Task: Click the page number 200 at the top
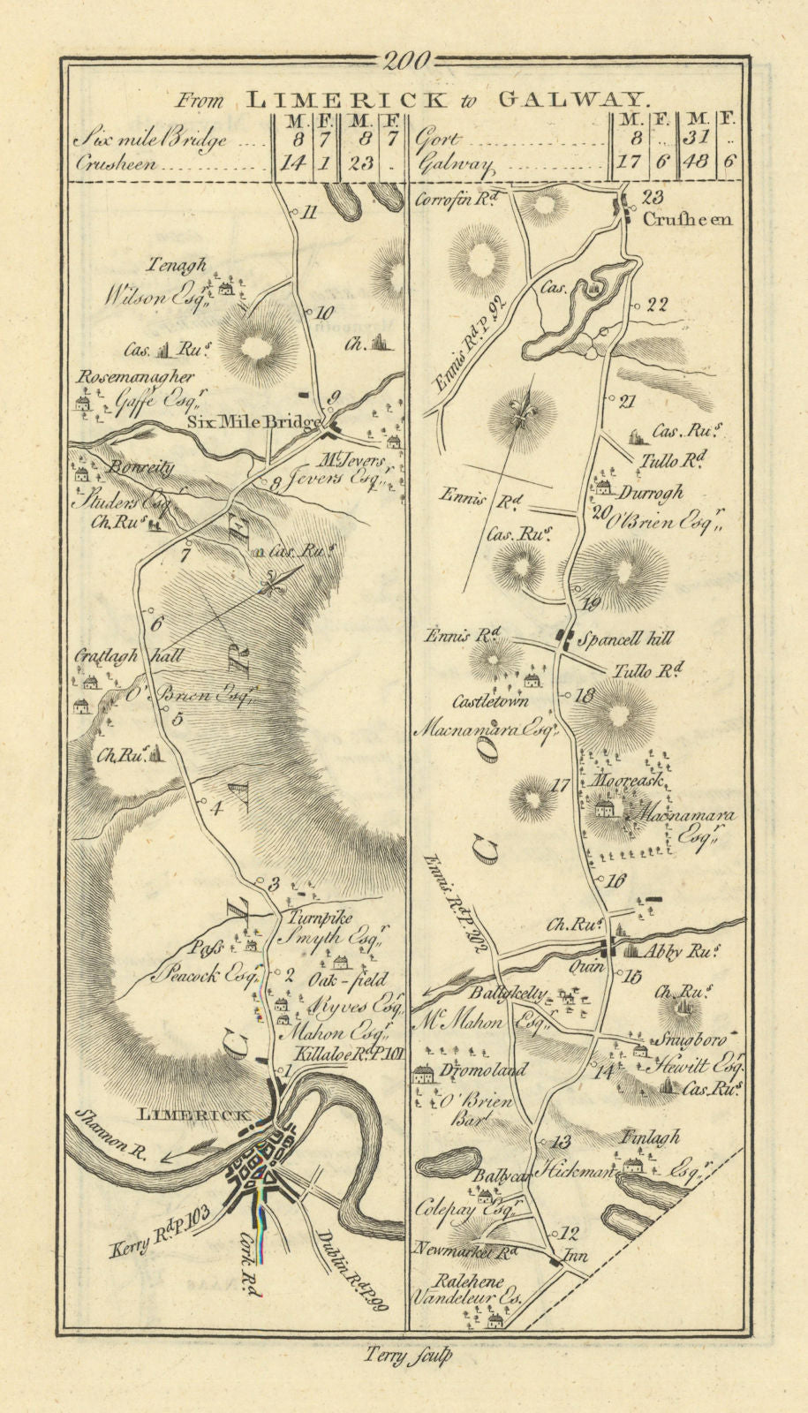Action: pos(407,61)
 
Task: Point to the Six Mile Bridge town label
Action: pos(253,422)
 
